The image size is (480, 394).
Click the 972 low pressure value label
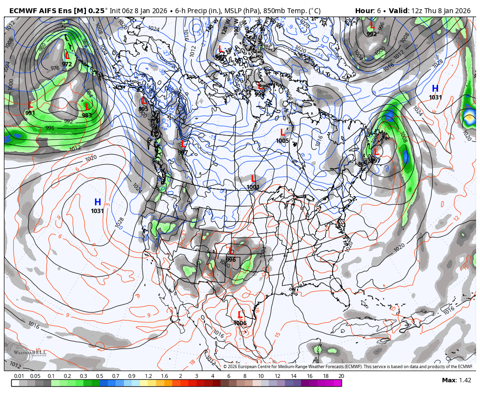[x=67, y=64]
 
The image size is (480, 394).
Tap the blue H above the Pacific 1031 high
[x=98, y=202]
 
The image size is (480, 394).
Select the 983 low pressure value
[x=87, y=116]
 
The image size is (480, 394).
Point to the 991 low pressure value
[x=30, y=113]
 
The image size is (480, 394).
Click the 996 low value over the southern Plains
[x=231, y=260]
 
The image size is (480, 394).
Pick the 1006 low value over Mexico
[x=240, y=323]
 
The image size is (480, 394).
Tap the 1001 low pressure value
[x=253, y=187]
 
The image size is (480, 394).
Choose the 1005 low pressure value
[x=282, y=141]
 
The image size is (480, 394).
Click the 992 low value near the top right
[x=372, y=34]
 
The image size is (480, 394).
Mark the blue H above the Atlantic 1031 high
[x=435, y=88]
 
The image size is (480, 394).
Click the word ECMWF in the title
[x=22, y=11]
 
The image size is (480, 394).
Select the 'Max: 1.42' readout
[x=457, y=380]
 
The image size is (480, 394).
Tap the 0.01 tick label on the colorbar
[x=19, y=376]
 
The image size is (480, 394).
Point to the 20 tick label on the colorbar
[x=341, y=376]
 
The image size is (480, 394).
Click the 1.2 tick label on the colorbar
[x=148, y=376]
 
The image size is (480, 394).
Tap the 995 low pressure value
[x=143, y=109]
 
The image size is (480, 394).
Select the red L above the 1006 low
[x=240, y=315]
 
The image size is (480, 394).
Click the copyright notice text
[x=348, y=367]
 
